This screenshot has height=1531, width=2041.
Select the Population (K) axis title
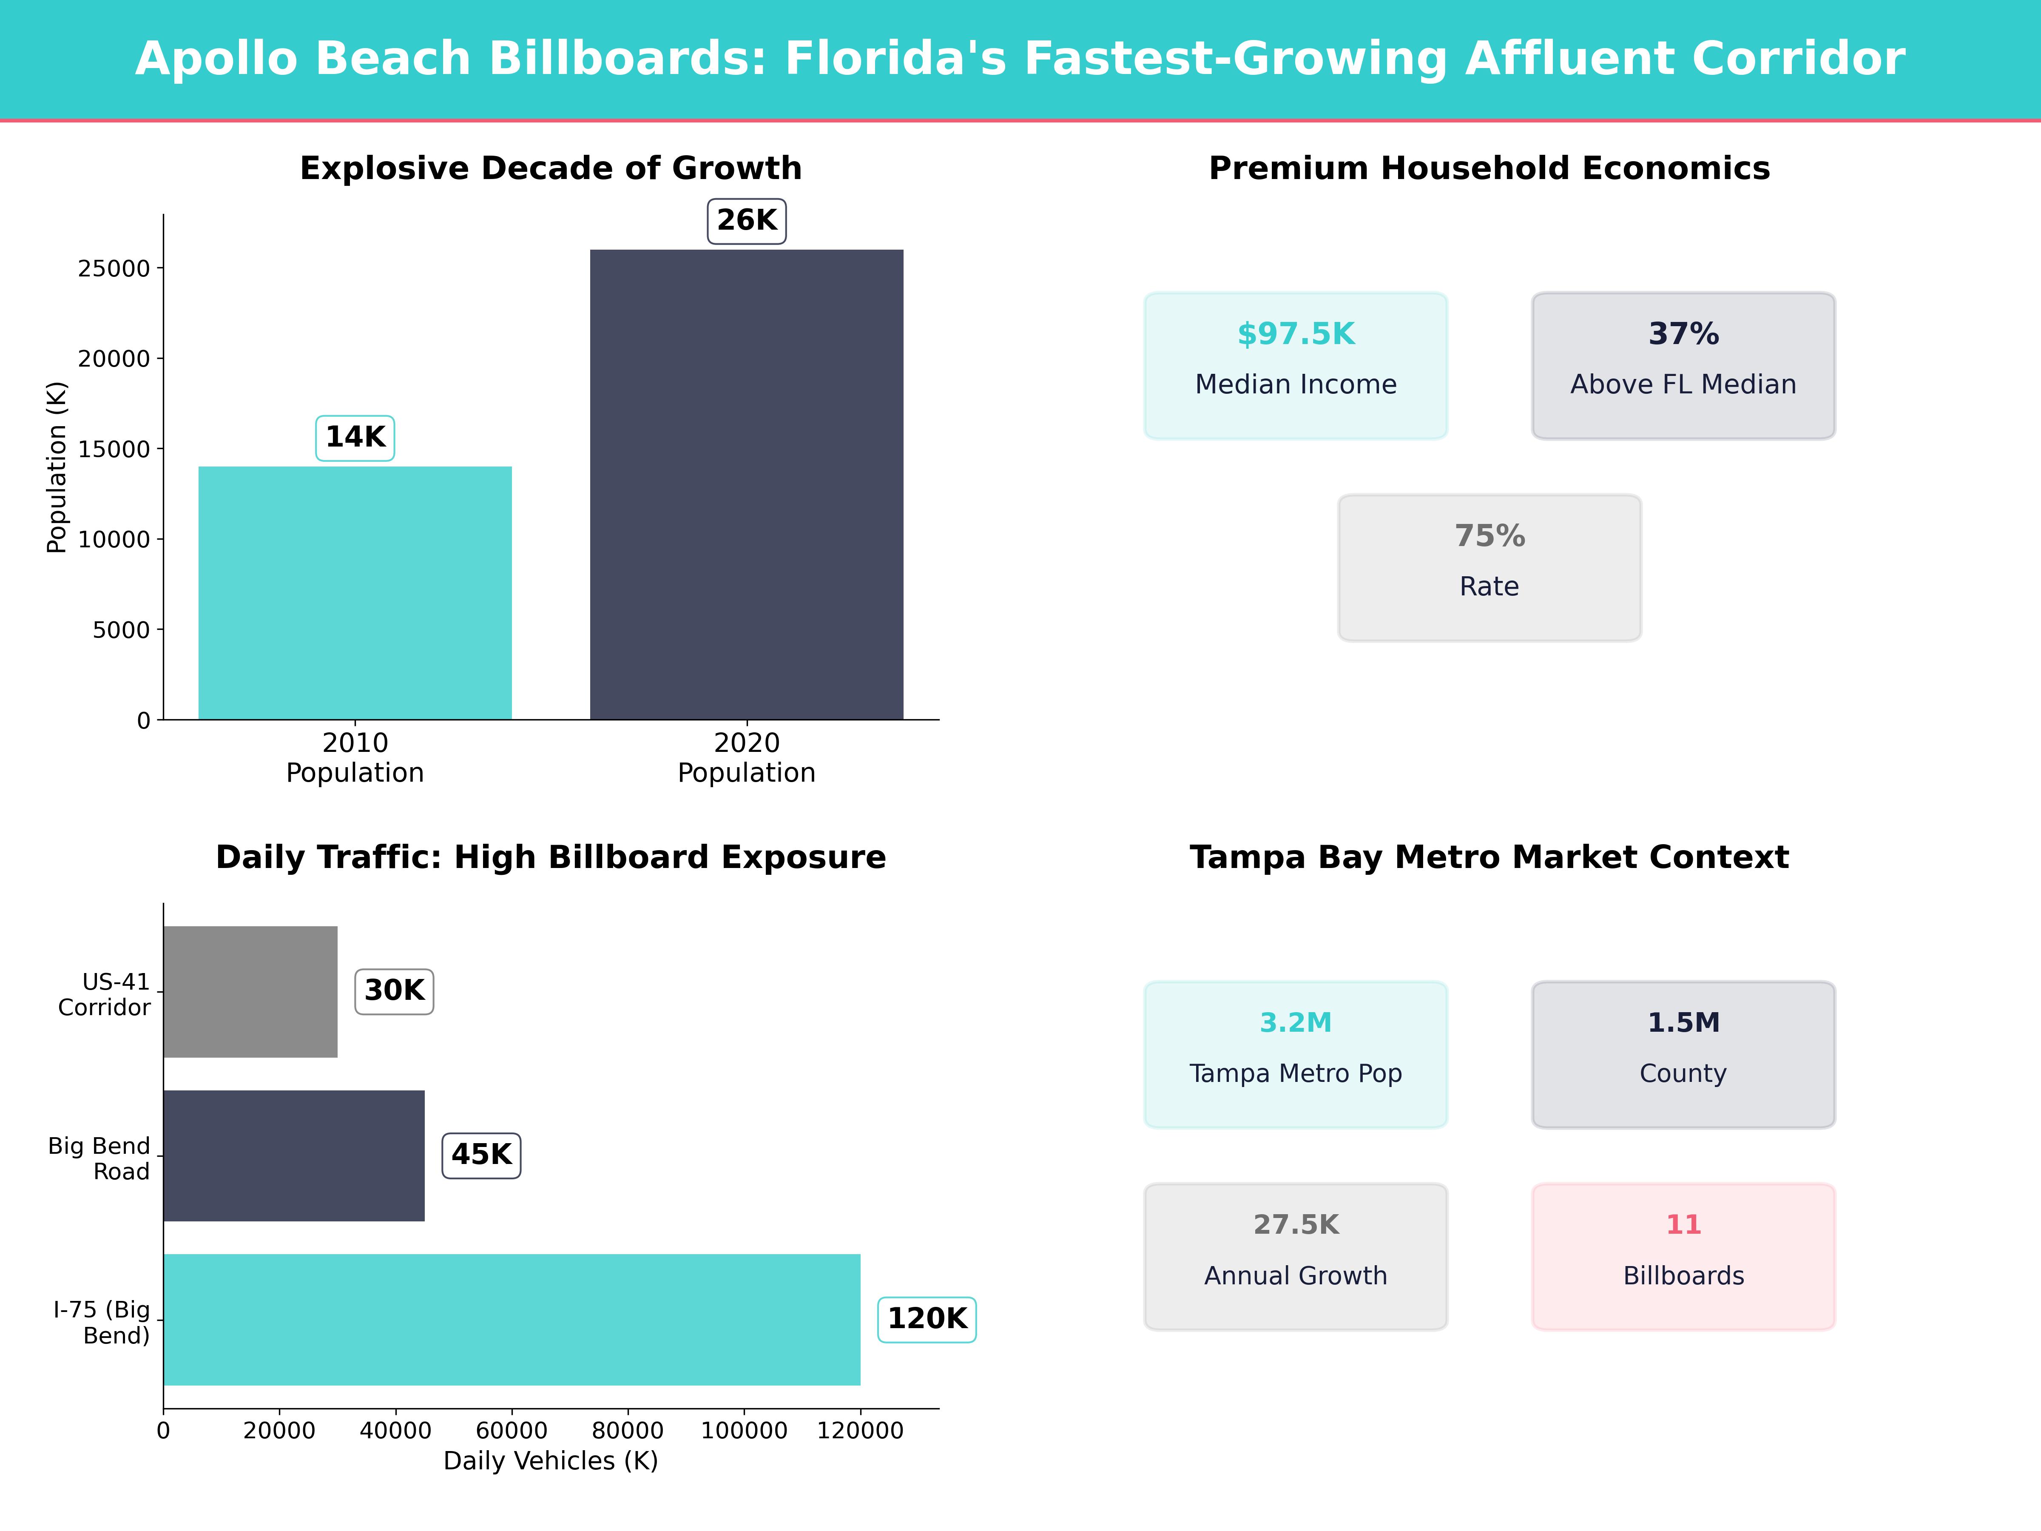[x=57, y=467]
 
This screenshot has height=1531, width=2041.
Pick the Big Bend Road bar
[x=293, y=1155]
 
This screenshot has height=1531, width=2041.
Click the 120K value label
[x=927, y=1319]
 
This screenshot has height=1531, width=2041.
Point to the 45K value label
[x=481, y=1155]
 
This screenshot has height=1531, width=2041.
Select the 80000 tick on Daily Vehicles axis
[x=628, y=1430]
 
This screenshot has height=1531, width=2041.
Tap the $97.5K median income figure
[x=1296, y=334]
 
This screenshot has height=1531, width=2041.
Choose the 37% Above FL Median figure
[x=1683, y=334]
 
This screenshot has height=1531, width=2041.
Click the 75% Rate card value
[x=1489, y=536]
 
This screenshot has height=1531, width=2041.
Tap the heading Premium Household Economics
[x=1489, y=169]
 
